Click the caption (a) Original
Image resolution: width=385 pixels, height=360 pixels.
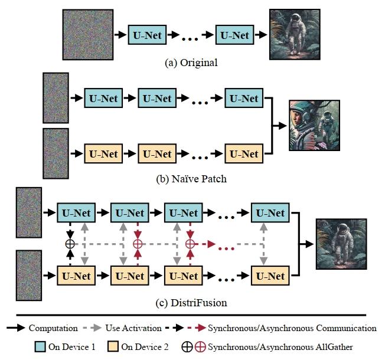point(192,63)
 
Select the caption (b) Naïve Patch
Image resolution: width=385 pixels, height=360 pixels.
point(192,178)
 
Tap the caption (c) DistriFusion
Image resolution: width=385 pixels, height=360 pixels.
point(192,303)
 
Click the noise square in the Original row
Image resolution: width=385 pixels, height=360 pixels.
point(86,35)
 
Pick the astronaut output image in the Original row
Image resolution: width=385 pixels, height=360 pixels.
point(295,35)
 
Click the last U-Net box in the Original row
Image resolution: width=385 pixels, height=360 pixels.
point(235,35)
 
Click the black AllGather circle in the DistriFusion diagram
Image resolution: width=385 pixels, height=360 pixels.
point(70,244)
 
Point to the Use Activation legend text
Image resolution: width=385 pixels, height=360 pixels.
point(134,328)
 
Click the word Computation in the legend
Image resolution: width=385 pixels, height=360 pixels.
point(53,328)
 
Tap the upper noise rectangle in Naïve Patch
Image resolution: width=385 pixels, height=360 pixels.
point(56,98)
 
